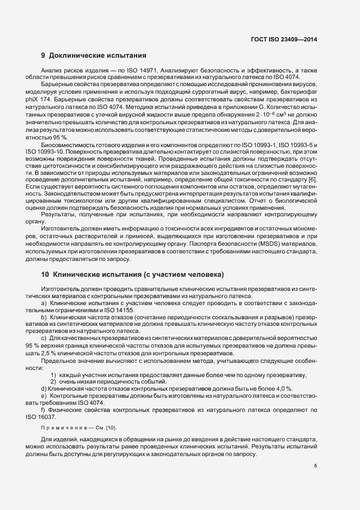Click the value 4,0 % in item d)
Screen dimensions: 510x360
pos(283,388)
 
